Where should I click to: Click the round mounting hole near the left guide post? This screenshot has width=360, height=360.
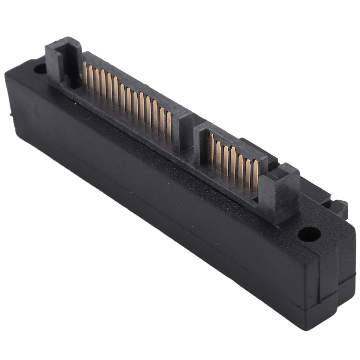coord(40,68)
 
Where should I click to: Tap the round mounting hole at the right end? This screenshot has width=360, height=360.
coord(310,233)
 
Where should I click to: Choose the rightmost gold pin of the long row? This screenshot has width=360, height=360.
coord(169,124)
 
